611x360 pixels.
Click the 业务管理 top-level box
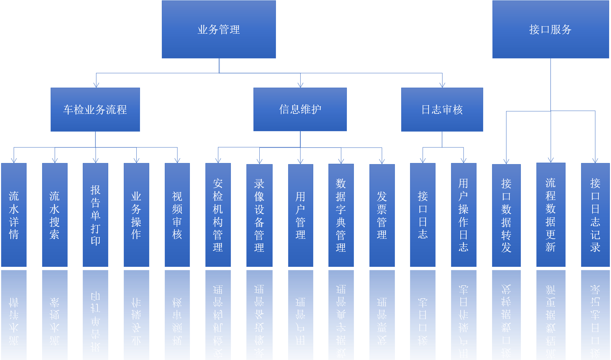219,29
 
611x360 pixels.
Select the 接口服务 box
550,29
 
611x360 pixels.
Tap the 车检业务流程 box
95,109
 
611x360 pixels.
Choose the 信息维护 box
300,109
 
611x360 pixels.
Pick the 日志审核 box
442,109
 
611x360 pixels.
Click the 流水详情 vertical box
14,215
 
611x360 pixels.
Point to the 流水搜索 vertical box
55,215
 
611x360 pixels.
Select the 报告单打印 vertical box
95,215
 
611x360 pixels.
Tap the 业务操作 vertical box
136,215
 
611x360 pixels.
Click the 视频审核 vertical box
177,215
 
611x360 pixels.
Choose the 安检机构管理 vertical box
218,215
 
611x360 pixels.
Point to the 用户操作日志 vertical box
464,215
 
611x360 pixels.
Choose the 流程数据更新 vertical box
551,214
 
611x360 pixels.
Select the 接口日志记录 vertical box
595,215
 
